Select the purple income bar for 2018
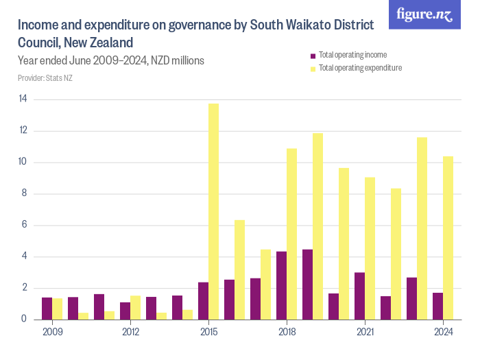click(281, 285)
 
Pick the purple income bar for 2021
click(359, 296)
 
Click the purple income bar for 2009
click(47, 309)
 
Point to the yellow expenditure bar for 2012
click(136, 307)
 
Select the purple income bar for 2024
click(437, 306)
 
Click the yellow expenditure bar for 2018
click(292, 234)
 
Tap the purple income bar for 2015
click(203, 300)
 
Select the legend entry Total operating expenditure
click(360, 68)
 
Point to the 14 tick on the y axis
click(23, 99)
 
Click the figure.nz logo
click(424, 14)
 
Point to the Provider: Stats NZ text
click(45, 78)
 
